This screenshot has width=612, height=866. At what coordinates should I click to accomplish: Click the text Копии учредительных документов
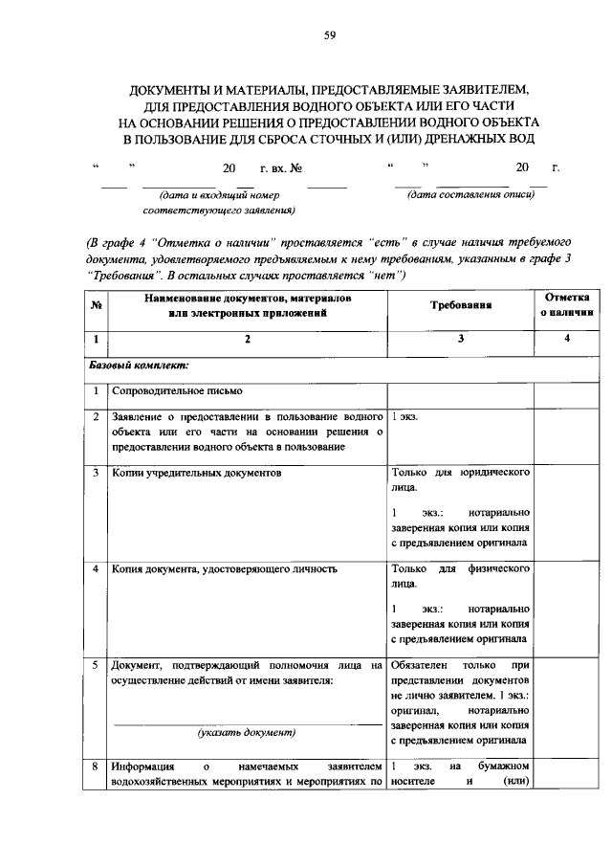197,474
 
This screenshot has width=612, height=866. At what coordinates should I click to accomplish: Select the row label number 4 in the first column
97,568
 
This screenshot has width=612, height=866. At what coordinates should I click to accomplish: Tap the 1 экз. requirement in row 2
404,418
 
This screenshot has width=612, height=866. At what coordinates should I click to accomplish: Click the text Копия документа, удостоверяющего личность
224,568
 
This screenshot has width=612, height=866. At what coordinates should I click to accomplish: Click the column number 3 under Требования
460,339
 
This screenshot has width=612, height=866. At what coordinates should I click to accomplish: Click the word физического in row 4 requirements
497,568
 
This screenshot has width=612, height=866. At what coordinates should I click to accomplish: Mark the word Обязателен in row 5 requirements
421,664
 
